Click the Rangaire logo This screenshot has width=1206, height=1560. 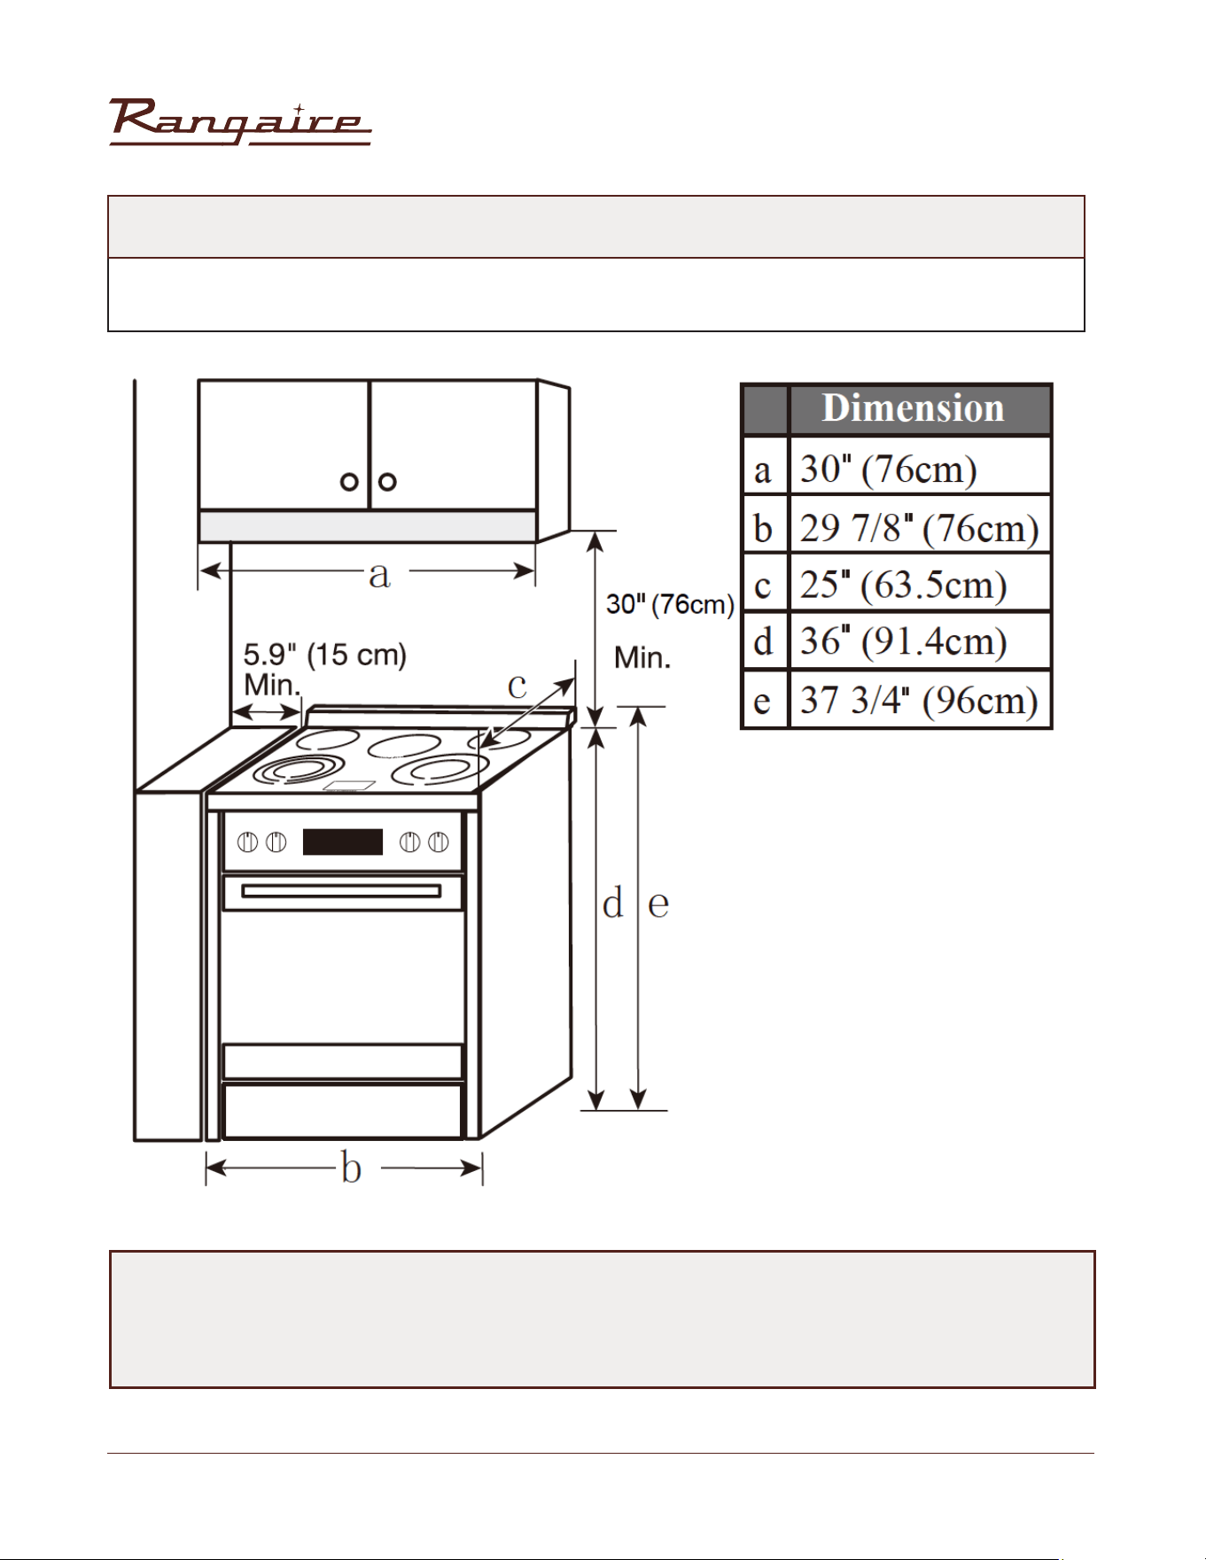point(239,122)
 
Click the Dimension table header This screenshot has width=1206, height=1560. point(913,408)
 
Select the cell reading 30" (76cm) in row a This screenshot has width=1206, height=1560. point(920,467)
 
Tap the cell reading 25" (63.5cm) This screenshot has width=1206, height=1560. point(920,584)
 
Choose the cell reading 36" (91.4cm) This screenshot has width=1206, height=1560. point(920,641)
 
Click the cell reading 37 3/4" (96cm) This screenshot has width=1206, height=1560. point(920,700)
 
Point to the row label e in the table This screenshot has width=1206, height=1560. point(762,702)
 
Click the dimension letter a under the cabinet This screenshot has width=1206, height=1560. point(379,575)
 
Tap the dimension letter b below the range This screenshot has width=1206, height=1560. point(352,1167)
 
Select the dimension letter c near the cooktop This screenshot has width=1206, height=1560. point(517,686)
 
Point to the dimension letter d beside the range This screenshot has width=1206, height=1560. point(612,903)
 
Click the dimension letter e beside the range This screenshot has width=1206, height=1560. point(658,905)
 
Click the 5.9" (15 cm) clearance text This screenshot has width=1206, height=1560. point(324,656)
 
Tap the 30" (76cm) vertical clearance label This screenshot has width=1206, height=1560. point(670,605)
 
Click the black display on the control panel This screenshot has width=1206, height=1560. point(343,842)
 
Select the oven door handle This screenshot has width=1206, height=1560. point(341,890)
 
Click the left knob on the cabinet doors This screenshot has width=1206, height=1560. point(350,482)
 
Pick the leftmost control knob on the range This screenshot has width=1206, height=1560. point(249,842)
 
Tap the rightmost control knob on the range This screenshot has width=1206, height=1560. point(439,842)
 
